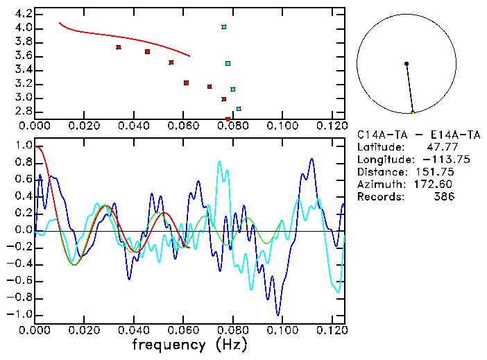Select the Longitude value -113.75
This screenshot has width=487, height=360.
coord(441,159)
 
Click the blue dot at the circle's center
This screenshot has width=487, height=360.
coord(407,64)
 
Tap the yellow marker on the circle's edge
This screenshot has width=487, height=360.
coord(413,112)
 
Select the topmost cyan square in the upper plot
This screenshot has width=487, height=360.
coord(224,27)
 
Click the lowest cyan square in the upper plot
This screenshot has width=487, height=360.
coord(239,109)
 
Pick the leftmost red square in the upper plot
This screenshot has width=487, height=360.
coord(119,47)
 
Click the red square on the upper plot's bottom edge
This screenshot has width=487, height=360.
coord(228,119)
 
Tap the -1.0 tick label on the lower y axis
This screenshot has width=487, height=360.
coord(21,314)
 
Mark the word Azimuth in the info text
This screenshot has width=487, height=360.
coord(378,184)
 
